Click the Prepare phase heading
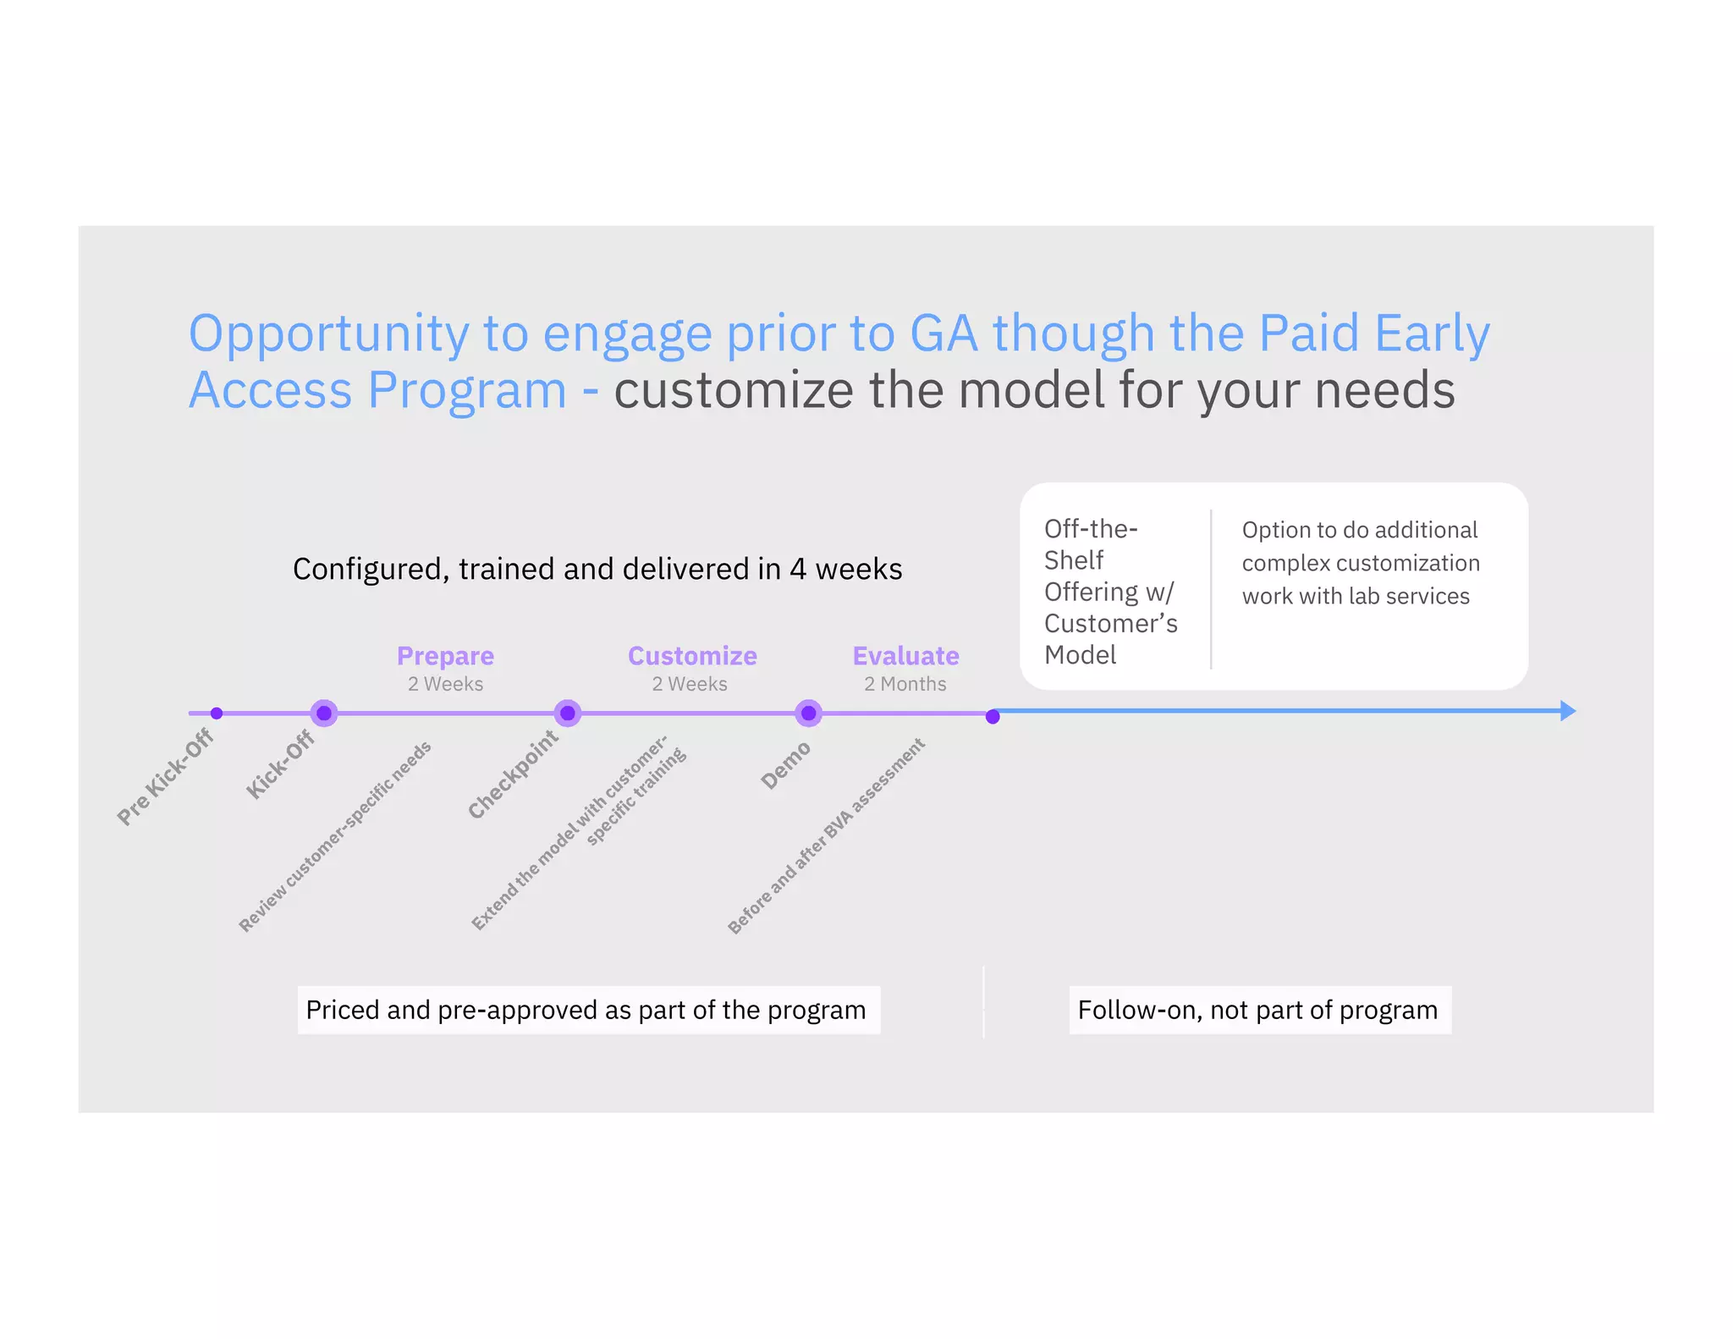click(x=445, y=656)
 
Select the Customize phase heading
click(x=692, y=656)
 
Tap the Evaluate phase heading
click(x=905, y=656)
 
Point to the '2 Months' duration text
click(x=905, y=684)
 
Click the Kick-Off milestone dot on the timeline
click(x=324, y=714)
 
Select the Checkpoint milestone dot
click(x=568, y=714)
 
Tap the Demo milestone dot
click(x=809, y=714)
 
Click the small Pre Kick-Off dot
click(x=217, y=714)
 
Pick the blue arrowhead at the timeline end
click(x=1567, y=711)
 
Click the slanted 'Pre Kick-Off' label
click(x=165, y=777)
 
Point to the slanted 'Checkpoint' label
click(x=513, y=774)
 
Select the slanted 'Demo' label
click(x=785, y=766)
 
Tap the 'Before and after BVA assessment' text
click(x=826, y=836)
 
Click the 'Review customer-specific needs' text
click(x=335, y=836)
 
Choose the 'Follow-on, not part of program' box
click(x=1259, y=1010)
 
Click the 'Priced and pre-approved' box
click(x=587, y=1010)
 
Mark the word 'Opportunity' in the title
click(x=328, y=334)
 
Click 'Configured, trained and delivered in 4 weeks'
click(x=597, y=569)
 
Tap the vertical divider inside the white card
click(x=1211, y=589)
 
